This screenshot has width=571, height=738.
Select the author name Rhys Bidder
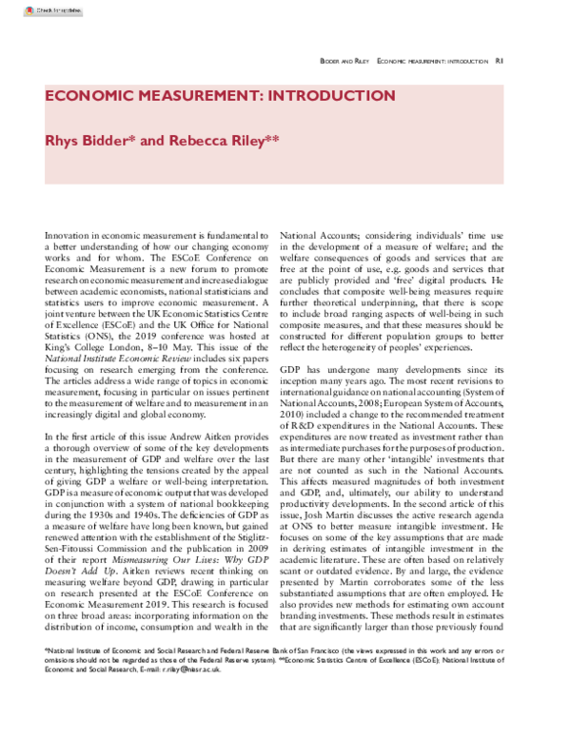point(89,140)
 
